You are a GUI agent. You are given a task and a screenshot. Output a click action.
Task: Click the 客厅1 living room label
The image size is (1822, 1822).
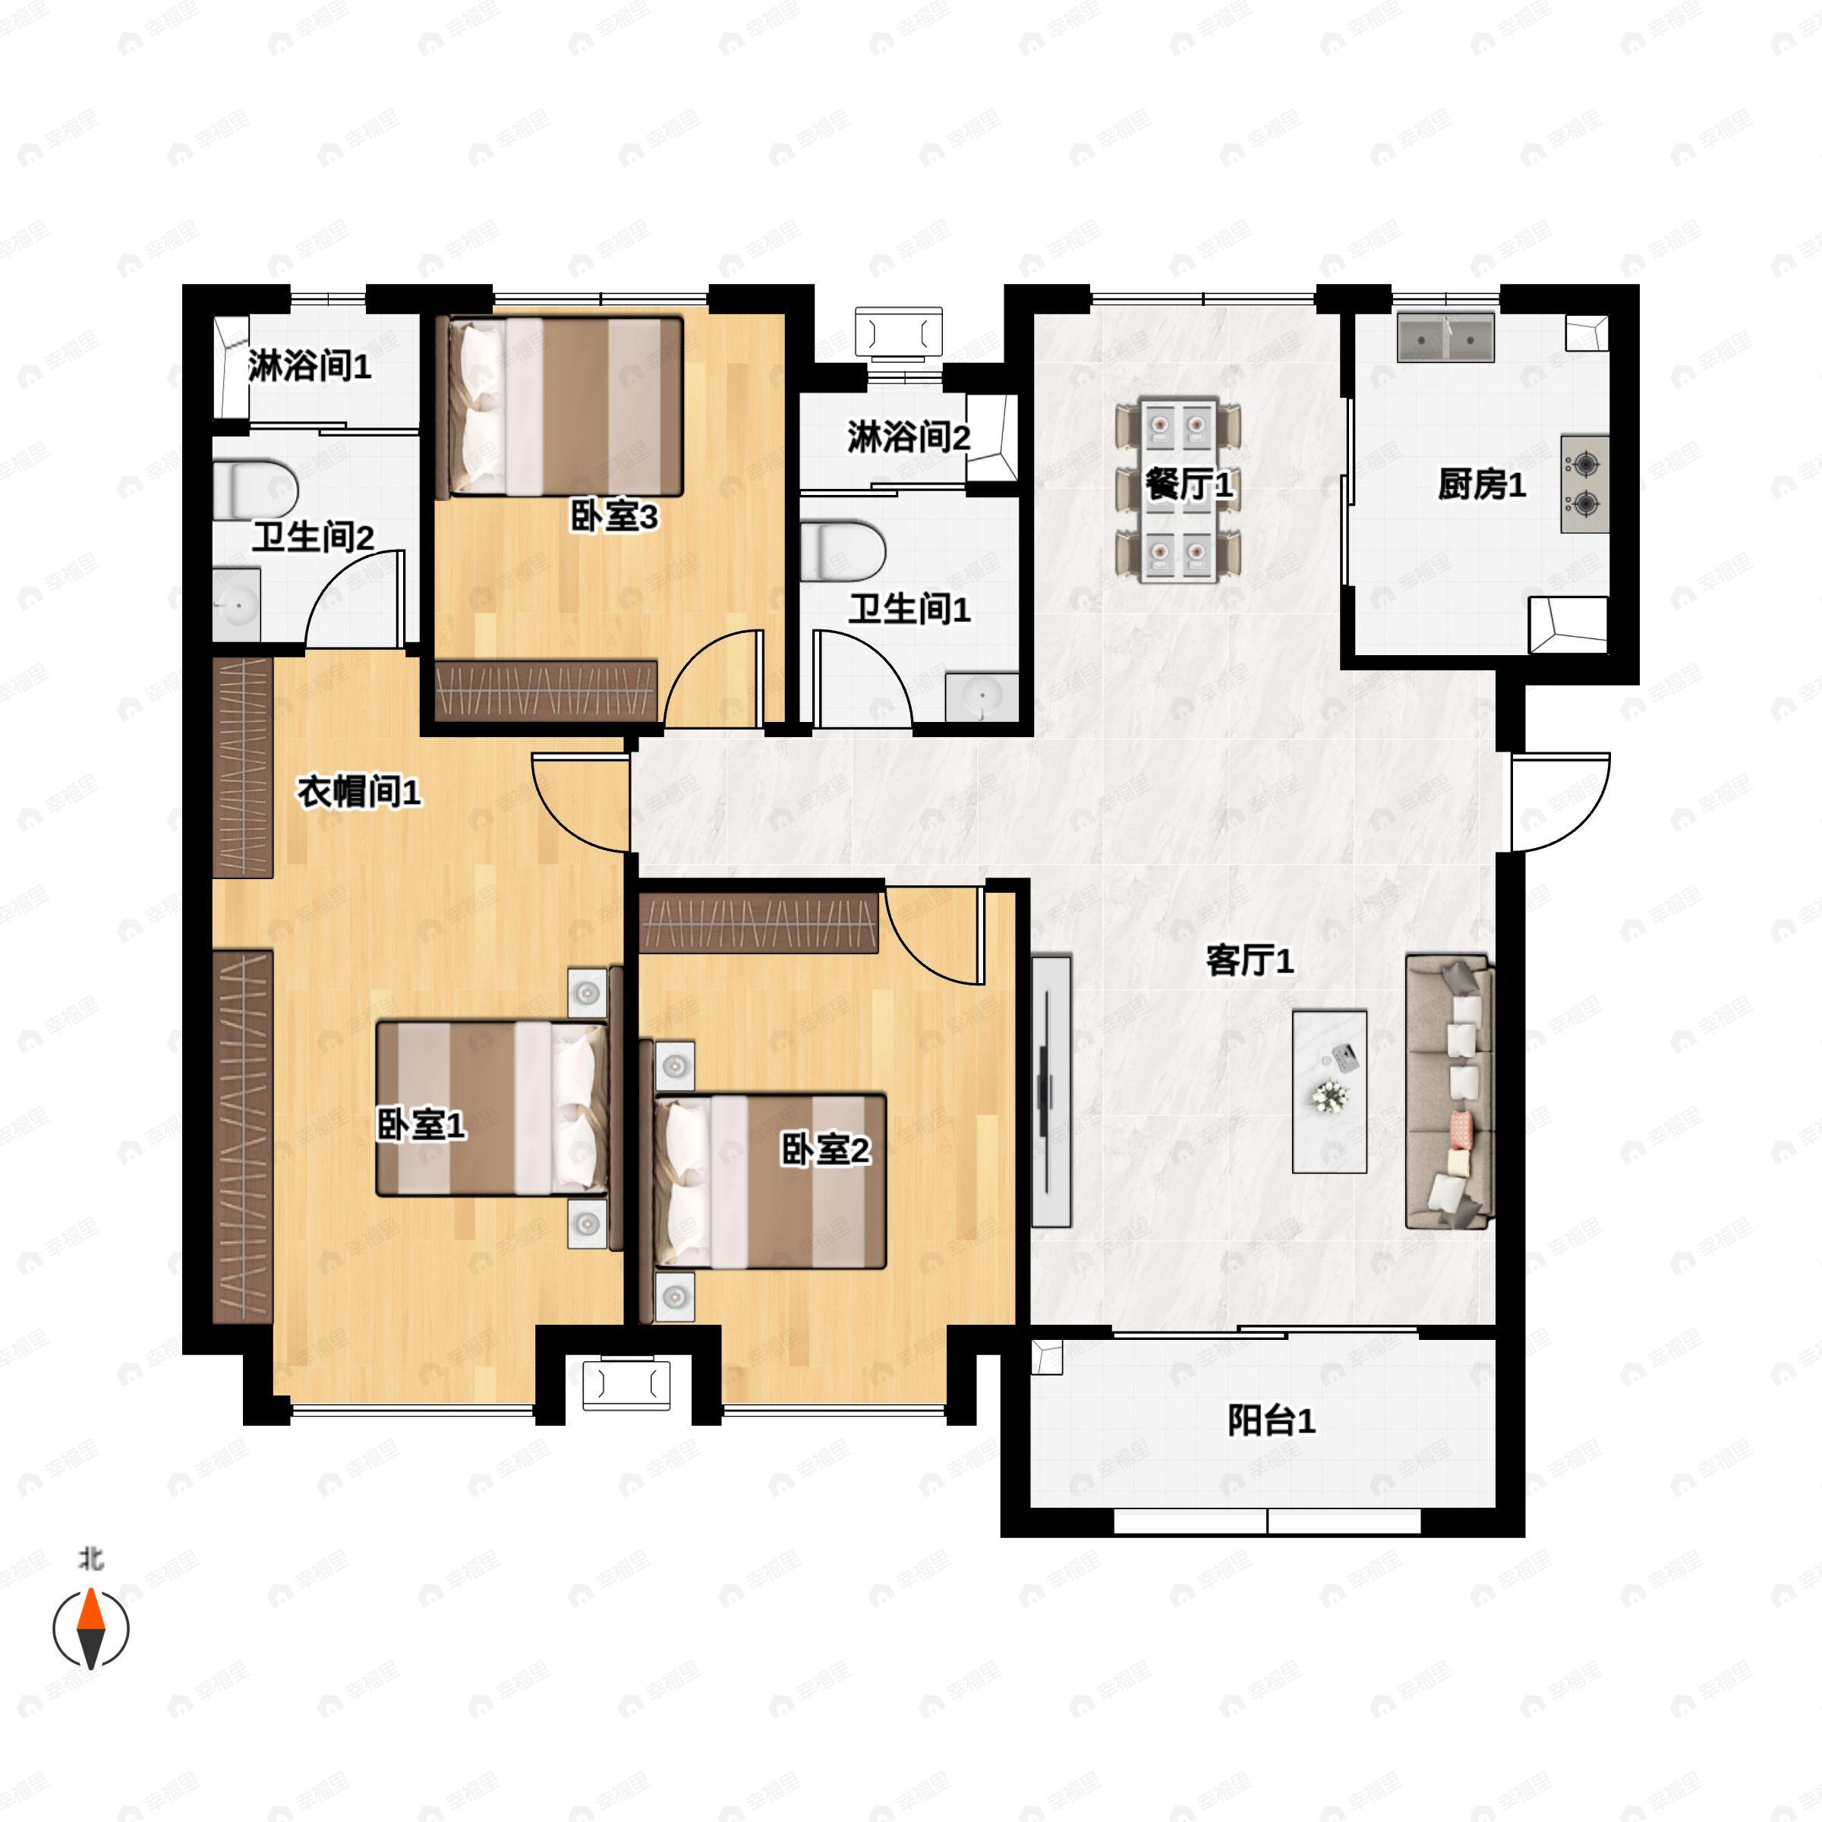pos(1250,962)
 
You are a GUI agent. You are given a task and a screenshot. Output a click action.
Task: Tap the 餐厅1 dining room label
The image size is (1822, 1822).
pos(1189,485)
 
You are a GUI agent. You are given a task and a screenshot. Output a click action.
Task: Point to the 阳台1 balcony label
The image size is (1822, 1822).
pos(1272,1421)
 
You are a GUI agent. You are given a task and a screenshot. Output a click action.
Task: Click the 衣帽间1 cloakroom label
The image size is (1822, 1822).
pos(359,792)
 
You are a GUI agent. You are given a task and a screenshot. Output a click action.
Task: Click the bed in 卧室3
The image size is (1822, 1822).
pos(565,406)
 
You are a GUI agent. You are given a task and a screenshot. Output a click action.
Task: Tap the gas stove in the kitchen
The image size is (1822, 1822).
pos(1584,484)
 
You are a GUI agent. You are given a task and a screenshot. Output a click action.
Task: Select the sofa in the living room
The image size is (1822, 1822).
pos(1449,1092)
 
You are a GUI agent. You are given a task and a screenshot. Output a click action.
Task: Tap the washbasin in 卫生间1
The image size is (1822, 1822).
pos(982,697)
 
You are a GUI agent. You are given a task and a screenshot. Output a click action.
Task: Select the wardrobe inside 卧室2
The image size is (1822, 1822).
pos(759,922)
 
